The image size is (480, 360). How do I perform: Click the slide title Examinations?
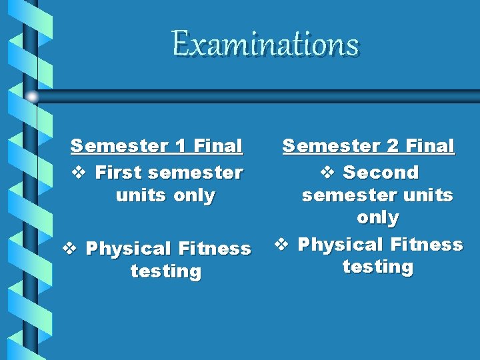pyautogui.click(x=265, y=44)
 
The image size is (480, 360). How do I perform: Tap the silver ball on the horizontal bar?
pyautogui.click(x=32, y=97)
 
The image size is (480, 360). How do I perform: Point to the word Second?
pyautogui.click(x=381, y=173)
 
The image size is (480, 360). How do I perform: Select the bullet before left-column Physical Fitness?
pyautogui.click(x=69, y=249)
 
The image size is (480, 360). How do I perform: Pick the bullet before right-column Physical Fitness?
pyautogui.click(x=281, y=245)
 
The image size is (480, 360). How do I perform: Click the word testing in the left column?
pyautogui.click(x=165, y=271)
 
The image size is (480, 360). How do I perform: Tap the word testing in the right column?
pyautogui.click(x=377, y=267)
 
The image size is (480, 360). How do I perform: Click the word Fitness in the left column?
pyautogui.click(x=215, y=249)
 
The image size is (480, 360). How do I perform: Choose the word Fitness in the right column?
pyautogui.click(x=427, y=245)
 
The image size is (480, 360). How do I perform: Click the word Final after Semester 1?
pyautogui.click(x=217, y=145)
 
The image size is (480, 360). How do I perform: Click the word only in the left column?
pyautogui.click(x=193, y=195)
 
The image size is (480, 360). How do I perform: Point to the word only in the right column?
pyautogui.click(x=377, y=218)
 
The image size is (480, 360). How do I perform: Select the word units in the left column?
pyautogui.click(x=140, y=195)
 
